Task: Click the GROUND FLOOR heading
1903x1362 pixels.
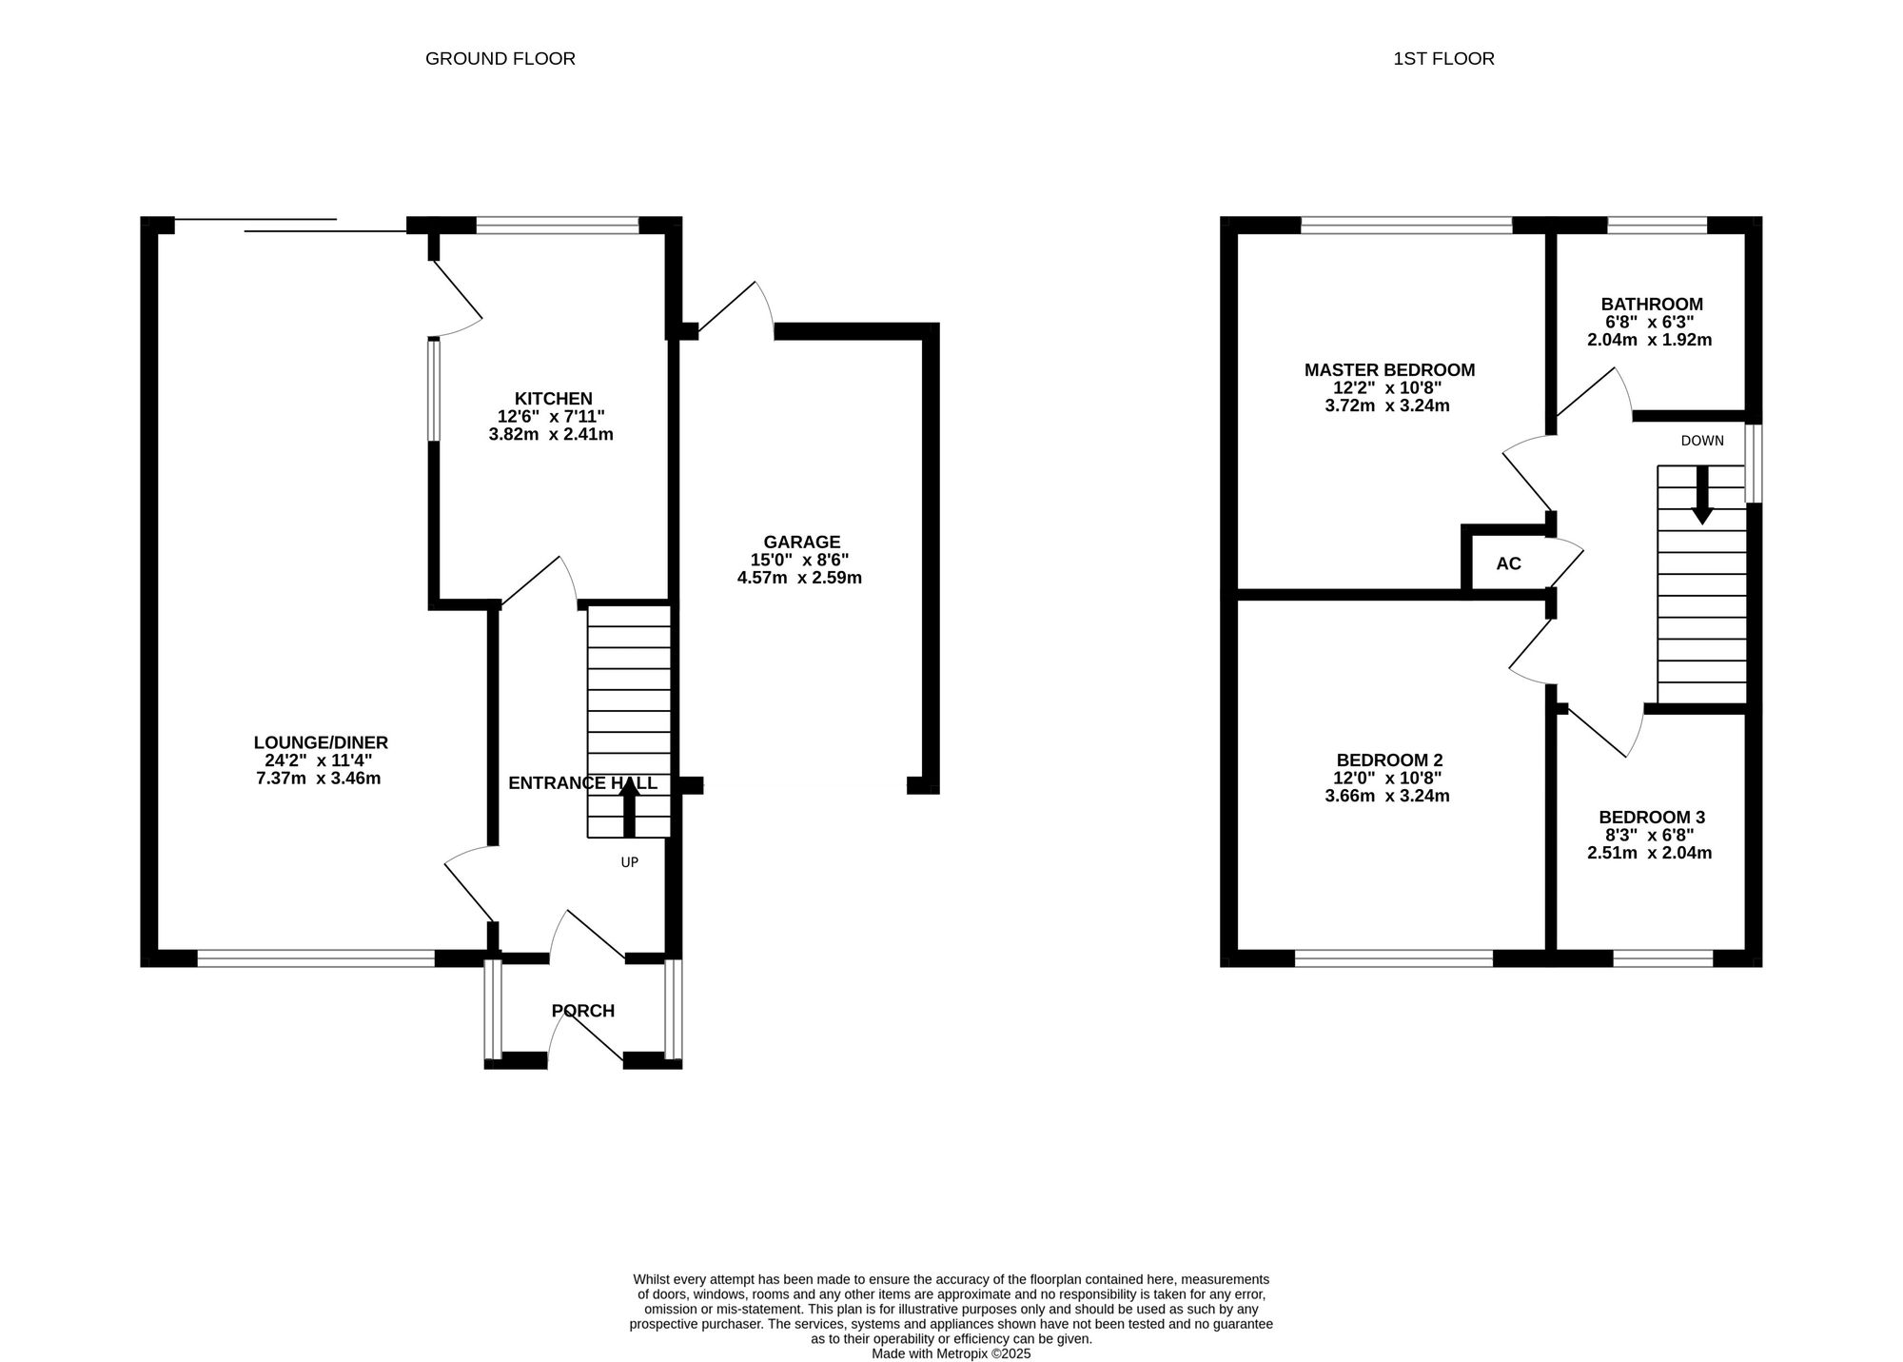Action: tap(500, 59)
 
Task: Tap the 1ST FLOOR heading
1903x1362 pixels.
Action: tap(1443, 59)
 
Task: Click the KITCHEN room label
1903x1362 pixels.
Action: tap(554, 399)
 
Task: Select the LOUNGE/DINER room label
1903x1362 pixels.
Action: tap(321, 742)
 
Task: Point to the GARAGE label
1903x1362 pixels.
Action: tap(802, 543)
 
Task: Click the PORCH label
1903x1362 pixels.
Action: tap(583, 1011)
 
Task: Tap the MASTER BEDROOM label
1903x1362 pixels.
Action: tap(1389, 370)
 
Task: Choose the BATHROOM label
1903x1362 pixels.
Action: tap(1652, 305)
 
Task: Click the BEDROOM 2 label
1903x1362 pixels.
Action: tap(1389, 760)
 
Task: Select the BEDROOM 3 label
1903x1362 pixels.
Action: tap(1652, 818)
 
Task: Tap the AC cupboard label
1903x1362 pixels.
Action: tap(1509, 563)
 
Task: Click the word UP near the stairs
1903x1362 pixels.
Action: tap(629, 862)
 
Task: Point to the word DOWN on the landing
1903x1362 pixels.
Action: tap(1702, 441)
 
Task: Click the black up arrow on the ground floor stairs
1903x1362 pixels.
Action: tap(629, 807)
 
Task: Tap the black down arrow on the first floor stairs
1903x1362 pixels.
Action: tap(1702, 495)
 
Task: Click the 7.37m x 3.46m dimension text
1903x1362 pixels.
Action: tap(319, 779)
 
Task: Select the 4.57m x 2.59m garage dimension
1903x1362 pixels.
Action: tap(799, 578)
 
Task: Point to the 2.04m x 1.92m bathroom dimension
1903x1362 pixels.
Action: tap(1650, 340)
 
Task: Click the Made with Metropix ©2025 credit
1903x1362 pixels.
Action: tap(951, 1353)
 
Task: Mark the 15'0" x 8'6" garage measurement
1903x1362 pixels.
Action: tap(799, 561)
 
